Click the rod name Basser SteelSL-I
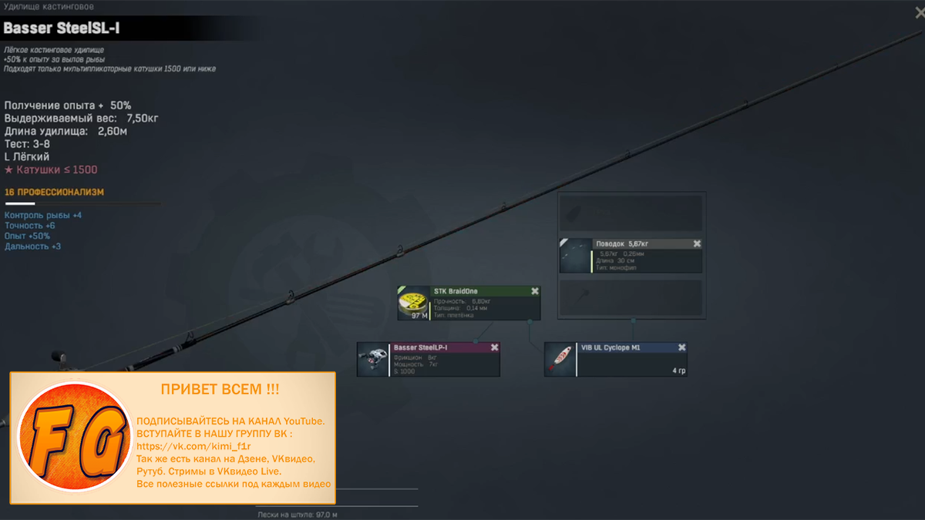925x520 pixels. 62,29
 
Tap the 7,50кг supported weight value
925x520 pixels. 143,118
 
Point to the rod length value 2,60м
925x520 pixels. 113,131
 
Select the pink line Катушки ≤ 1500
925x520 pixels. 51,169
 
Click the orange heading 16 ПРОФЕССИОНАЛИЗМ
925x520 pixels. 54,192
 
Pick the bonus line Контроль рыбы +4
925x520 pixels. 43,215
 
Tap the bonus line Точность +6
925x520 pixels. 30,226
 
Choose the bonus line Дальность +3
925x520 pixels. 33,247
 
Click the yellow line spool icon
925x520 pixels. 413,301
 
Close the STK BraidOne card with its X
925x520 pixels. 535,291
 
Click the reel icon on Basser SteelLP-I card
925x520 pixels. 374,360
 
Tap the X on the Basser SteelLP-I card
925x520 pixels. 494,347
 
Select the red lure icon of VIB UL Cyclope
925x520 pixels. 560,360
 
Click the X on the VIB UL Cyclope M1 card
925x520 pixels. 681,347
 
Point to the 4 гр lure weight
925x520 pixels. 678,371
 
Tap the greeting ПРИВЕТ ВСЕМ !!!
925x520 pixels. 220,390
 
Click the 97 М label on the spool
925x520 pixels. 419,316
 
